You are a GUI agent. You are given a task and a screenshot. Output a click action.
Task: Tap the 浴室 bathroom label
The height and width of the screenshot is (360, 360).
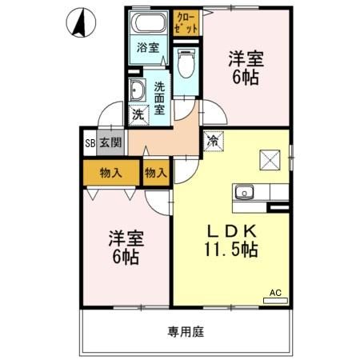(x=148, y=46)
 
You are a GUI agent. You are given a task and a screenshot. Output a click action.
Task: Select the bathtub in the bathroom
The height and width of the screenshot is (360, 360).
(x=148, y=22)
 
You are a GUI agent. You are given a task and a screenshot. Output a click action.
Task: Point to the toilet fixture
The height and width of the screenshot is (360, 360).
(x=185, y=59)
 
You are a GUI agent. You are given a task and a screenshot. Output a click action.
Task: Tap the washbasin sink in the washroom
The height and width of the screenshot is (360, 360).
(x=136, y=90)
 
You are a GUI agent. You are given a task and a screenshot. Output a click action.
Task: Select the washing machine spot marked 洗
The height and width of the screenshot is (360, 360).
(x=138, y=114)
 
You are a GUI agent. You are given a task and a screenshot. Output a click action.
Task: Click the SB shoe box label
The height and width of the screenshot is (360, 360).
(x=90, y=144)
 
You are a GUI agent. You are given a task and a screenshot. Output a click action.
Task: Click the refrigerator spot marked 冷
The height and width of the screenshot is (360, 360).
(x=213, y=141)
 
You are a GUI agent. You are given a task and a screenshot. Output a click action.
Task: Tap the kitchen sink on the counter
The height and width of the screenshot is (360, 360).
(x=244, y=192)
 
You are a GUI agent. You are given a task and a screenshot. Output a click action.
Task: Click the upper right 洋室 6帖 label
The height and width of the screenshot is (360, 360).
(x=246, y=67)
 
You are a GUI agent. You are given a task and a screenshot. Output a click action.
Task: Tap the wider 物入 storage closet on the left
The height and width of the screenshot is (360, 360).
(x=110, y=172)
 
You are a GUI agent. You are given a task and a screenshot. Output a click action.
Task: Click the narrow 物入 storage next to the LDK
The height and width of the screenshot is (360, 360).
(x=156, y=172)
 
